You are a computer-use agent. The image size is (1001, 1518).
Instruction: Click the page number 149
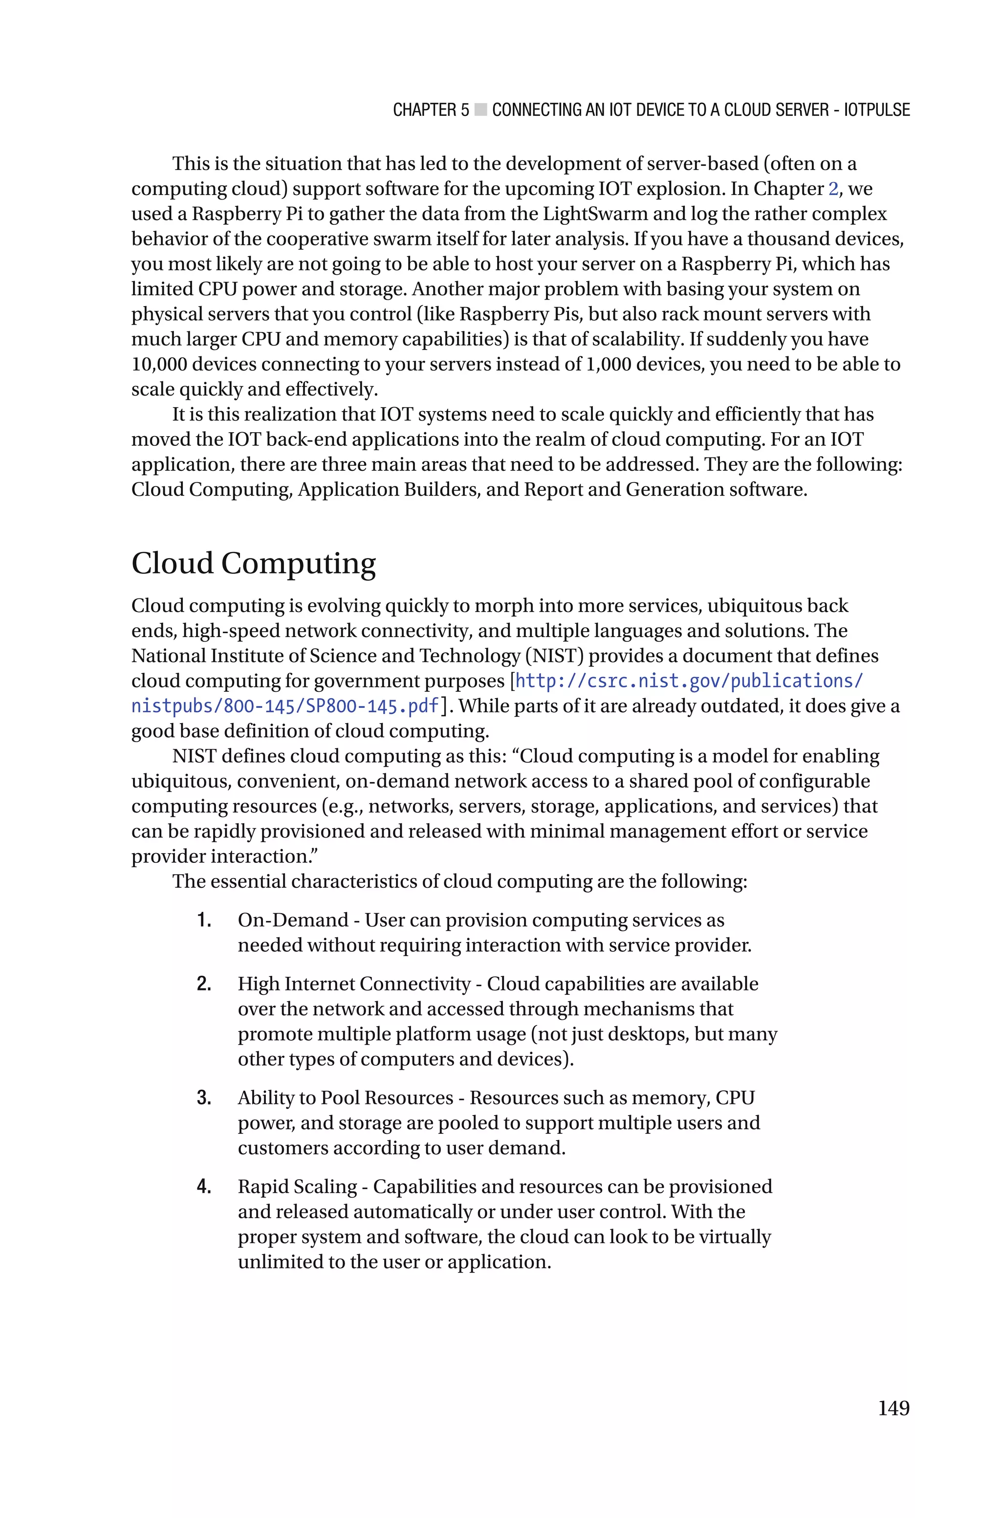click(893, 1408)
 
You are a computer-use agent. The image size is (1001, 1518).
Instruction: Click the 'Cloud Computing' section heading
click(254, 564)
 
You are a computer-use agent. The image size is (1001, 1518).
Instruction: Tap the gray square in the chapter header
click(481, 110)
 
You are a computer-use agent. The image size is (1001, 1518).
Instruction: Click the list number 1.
click(204, 921)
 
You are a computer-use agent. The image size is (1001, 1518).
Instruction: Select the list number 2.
click(204, 984)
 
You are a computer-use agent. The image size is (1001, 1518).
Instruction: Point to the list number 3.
click(204, 1098)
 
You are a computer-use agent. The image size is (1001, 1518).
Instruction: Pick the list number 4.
click(204, 1187)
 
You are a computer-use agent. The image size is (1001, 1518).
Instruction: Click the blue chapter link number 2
click(833, 189)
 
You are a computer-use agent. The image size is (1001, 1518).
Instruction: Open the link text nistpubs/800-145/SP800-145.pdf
click(285, 706)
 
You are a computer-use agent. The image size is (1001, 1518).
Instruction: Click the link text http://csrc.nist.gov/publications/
click(689, 681)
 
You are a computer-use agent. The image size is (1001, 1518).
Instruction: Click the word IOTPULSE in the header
click(876, 110)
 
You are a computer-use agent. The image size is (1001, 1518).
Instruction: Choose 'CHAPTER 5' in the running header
click(431, 110)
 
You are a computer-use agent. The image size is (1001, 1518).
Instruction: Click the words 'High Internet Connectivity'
click(354, 984)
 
